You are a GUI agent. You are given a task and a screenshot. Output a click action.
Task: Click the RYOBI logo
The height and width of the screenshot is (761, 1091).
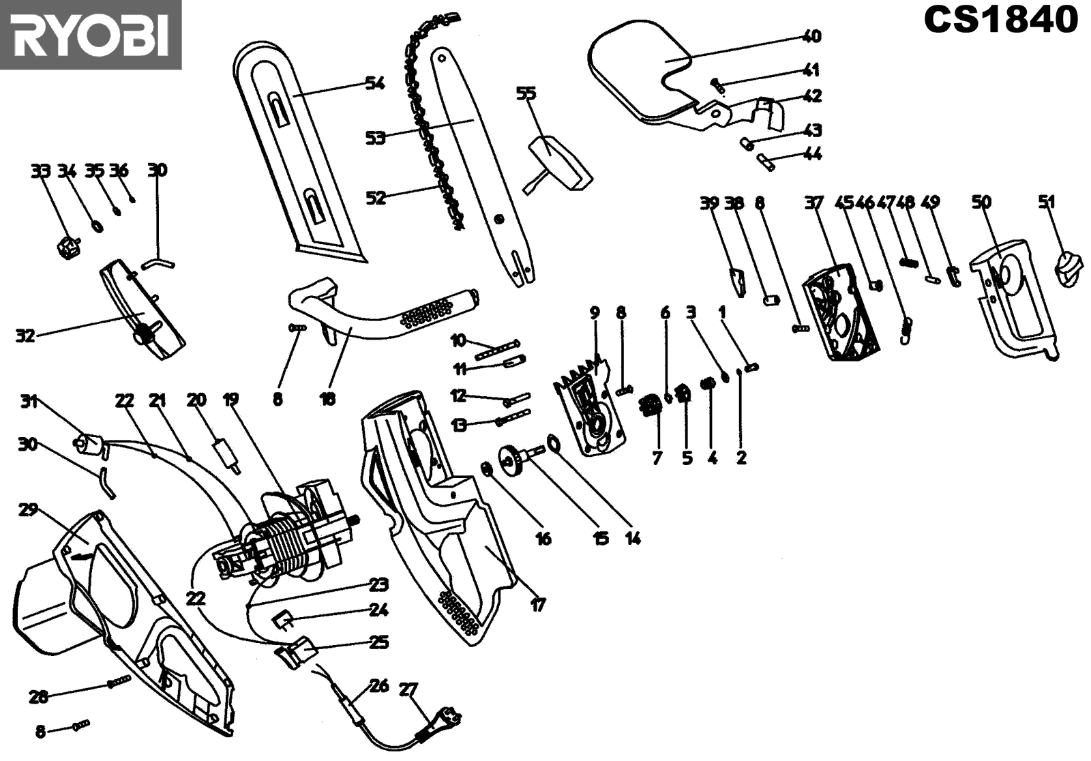point(90,34)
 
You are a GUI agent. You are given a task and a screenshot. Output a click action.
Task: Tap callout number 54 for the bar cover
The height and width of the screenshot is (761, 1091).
point(375,83)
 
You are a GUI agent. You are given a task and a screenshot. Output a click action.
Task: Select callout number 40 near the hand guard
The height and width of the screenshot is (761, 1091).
point(811,35)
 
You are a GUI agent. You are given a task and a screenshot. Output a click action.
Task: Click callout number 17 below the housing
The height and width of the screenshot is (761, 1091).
point(538,604)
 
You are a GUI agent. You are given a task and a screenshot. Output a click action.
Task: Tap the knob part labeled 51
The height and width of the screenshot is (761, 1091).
point(1068,269)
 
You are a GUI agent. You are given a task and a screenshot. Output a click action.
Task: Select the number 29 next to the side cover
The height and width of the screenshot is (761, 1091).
point(28,510)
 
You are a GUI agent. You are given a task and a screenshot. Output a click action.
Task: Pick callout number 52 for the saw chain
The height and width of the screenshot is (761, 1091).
point(376,198)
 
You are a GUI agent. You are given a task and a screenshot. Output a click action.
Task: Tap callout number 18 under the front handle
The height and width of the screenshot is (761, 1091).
point(328,399)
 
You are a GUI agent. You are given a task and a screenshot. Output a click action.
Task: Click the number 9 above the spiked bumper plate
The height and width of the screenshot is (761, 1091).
point(595,313)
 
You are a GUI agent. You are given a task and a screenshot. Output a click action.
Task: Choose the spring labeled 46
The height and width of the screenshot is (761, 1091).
point(906,331)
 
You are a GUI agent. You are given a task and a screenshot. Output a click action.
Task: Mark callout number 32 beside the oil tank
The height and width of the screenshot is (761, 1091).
point(25,335)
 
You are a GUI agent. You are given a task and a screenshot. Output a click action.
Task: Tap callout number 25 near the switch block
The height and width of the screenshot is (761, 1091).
point(378,642)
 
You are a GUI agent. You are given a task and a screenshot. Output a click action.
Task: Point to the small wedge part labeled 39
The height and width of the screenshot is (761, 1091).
point(737,281)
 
